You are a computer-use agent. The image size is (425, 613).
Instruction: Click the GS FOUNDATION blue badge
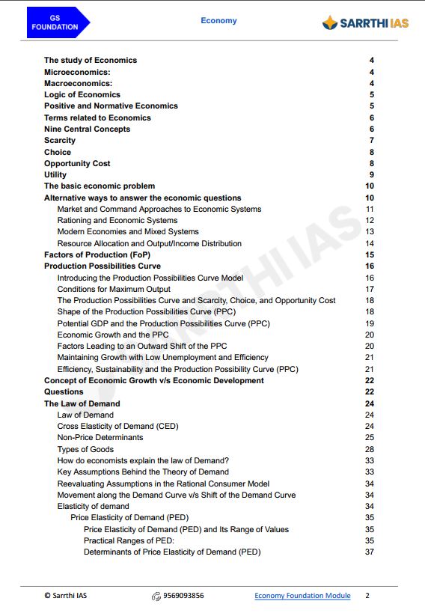click(55, 22)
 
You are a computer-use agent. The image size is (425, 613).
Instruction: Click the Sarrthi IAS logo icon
click(329, 23)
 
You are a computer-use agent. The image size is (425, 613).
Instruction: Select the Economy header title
click(218, 20)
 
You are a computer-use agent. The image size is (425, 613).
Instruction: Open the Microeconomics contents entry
click(77, 72)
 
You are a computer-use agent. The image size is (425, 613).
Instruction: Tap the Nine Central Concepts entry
click(87, 129)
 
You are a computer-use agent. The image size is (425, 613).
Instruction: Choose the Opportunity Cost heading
click(77, 163)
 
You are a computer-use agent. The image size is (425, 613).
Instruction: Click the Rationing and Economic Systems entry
click(117, 221)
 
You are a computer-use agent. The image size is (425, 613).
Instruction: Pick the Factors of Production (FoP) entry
click(97, 255)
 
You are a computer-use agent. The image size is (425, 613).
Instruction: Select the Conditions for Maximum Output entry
click(114, 289)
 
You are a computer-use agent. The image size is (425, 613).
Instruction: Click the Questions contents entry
click(64, 391)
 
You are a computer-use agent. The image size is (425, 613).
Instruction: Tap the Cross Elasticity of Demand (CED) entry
click(117, 426)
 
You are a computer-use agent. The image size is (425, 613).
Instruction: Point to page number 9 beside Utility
click(371, 174)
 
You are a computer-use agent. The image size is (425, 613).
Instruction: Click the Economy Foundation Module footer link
click(302, 596)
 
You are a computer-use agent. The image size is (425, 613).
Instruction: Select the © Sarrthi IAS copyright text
click(70, 596)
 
